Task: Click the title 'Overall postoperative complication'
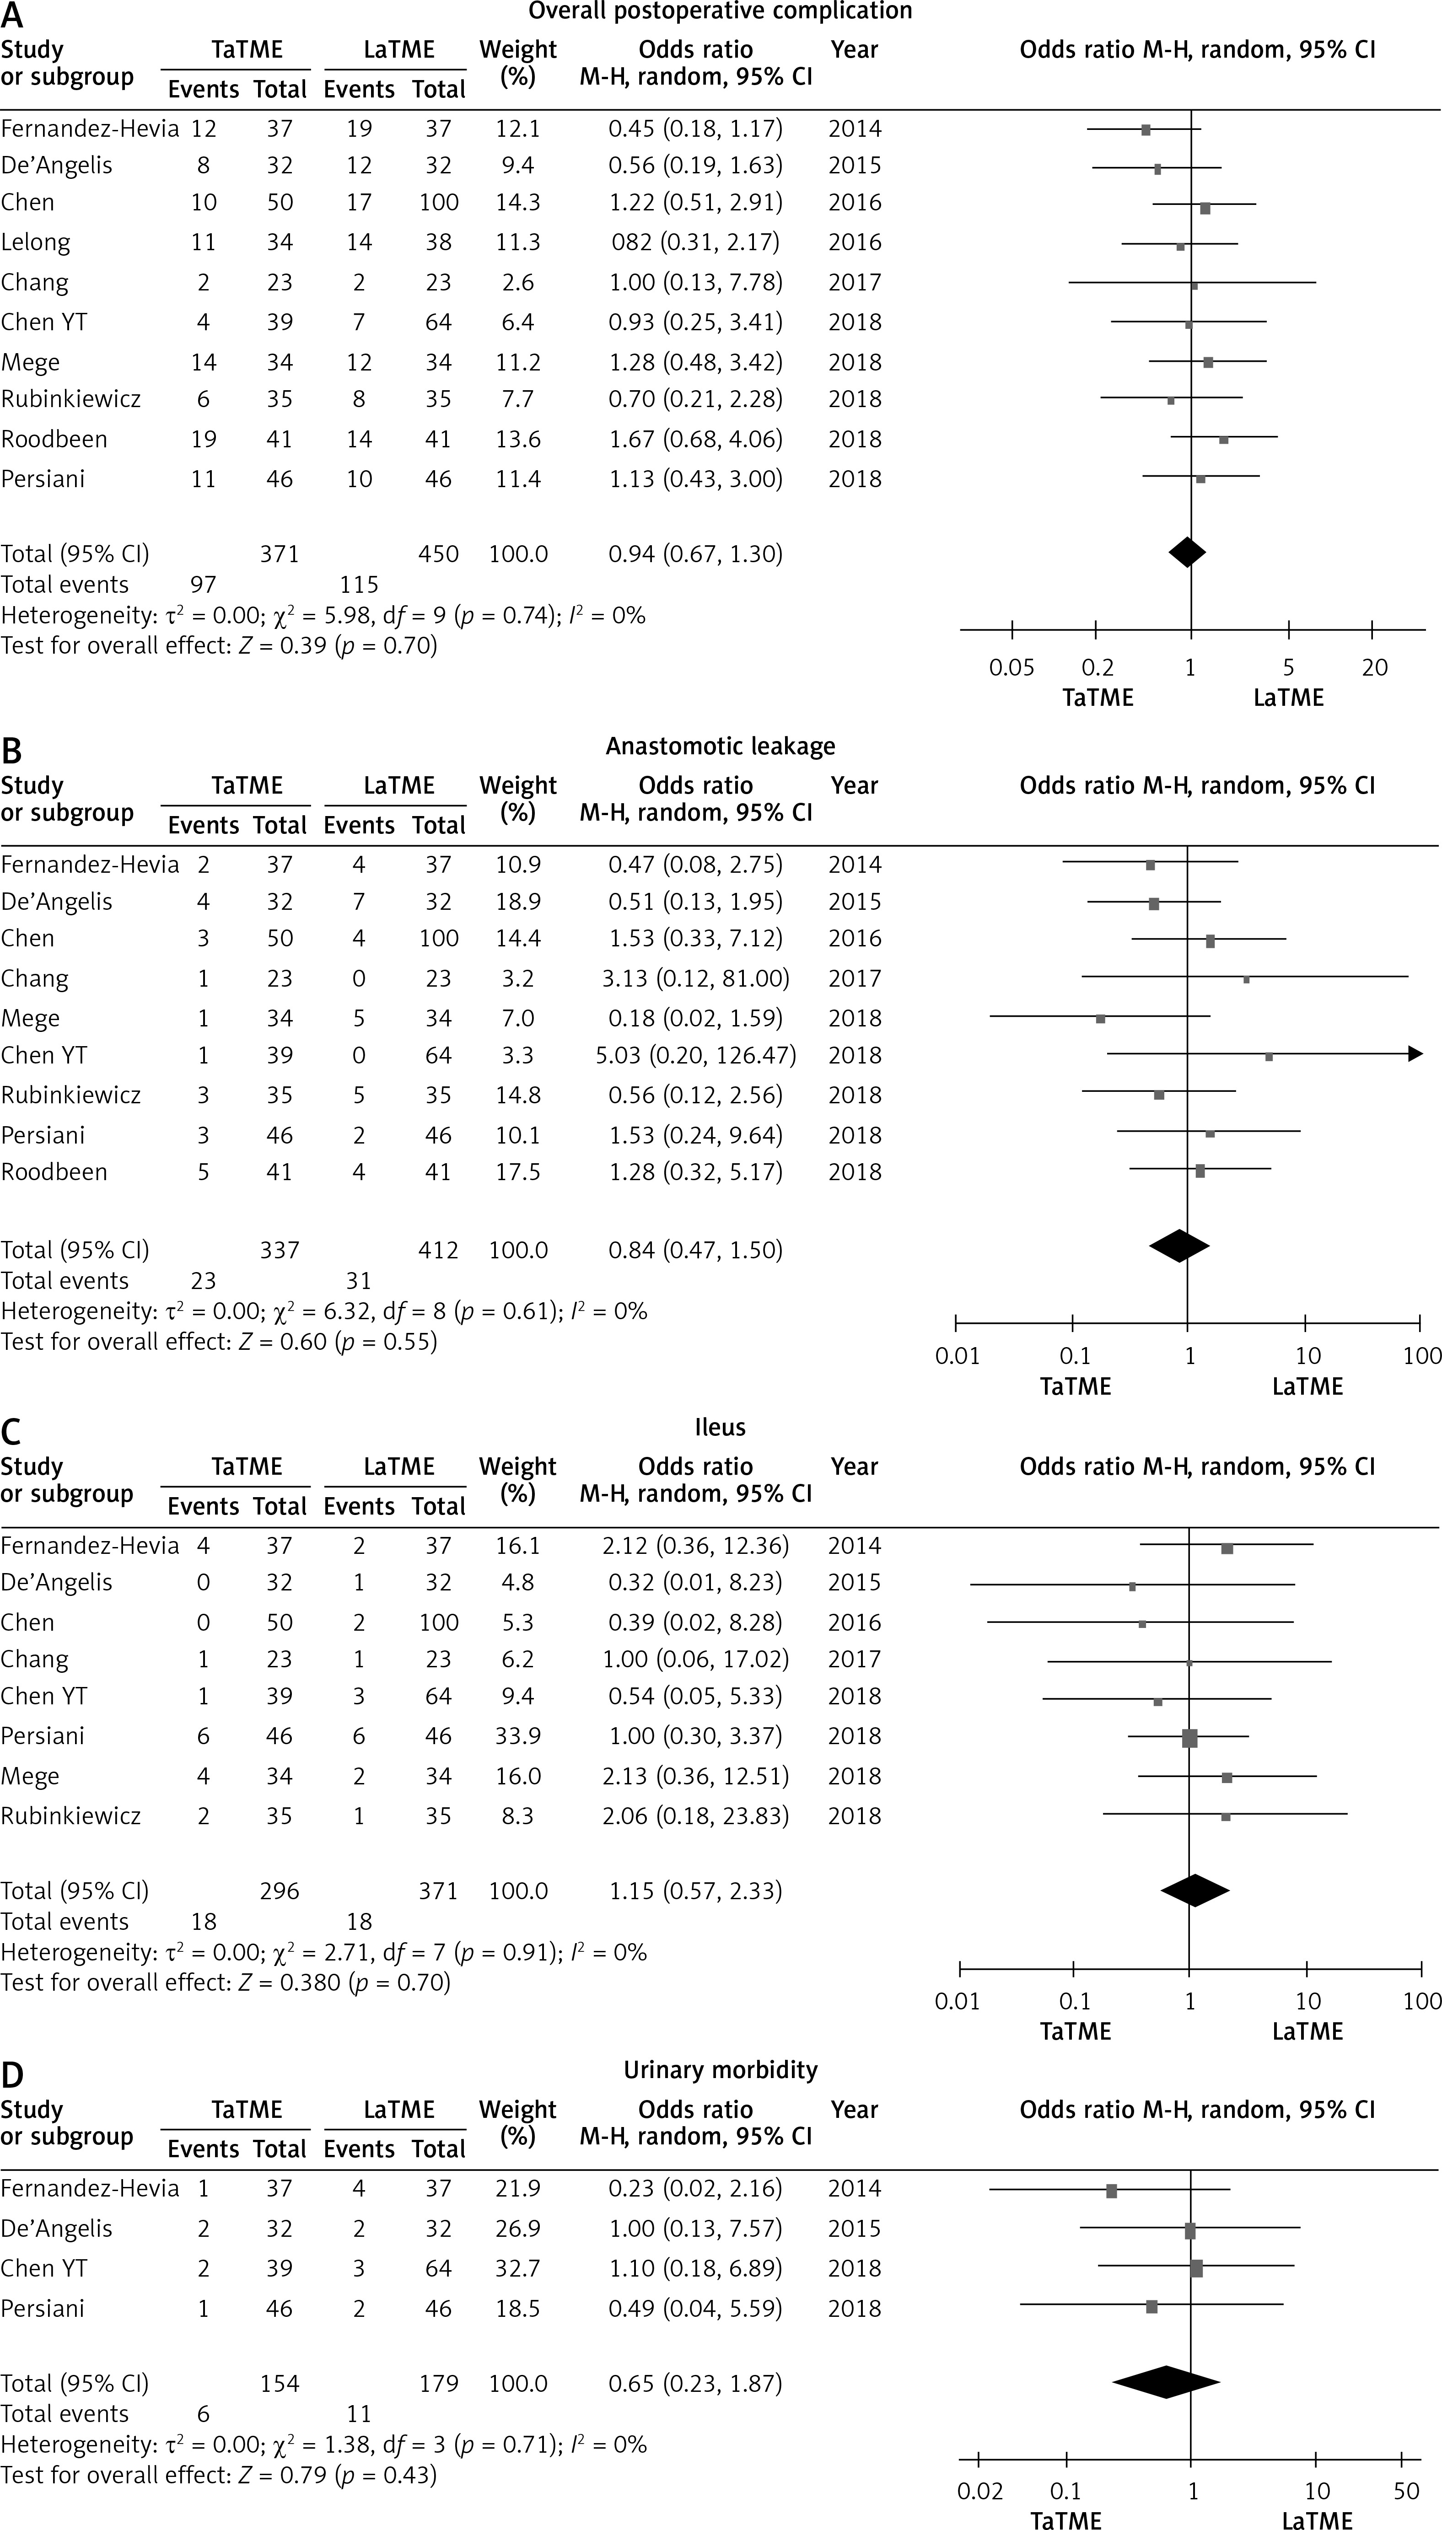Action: (720, 12)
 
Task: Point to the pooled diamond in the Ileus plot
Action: (1194, 1891)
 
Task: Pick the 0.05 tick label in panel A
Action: (1011, 667)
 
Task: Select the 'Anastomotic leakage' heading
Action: (720, 747)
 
